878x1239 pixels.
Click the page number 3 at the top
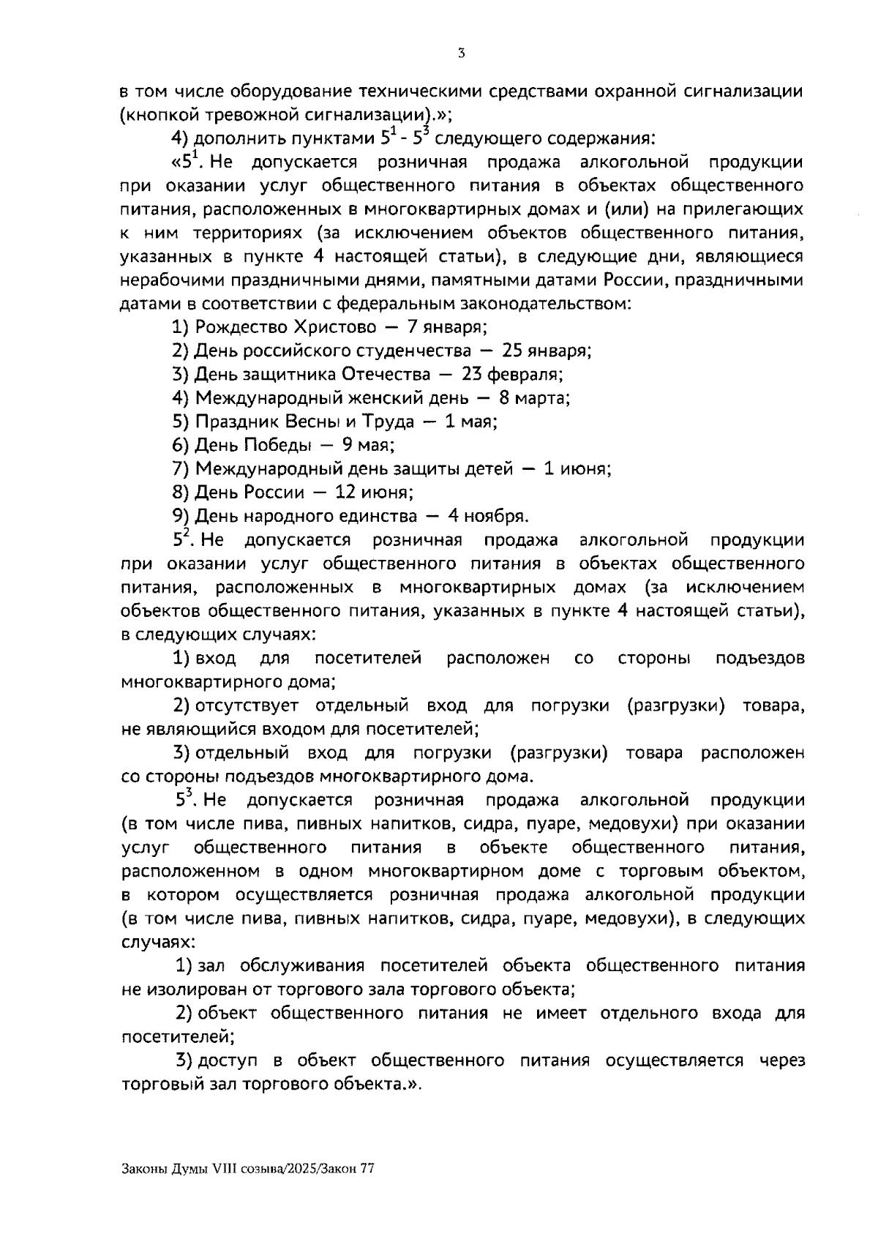coord(461,53)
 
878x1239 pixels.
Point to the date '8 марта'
coord(534,398)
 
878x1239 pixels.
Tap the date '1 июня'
coord(577,469)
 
